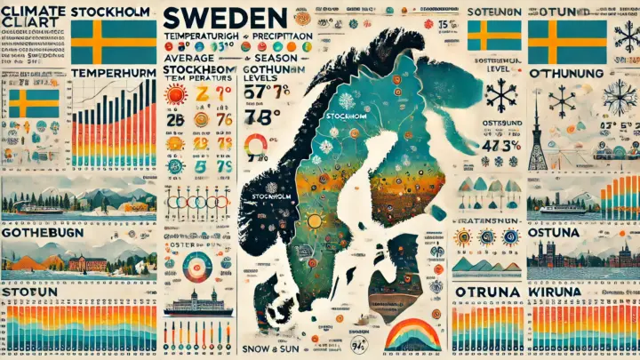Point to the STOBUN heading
click(x=30, y=292)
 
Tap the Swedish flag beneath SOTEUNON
click(x=493, y=36)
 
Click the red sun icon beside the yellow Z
click(x=174, y=95)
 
